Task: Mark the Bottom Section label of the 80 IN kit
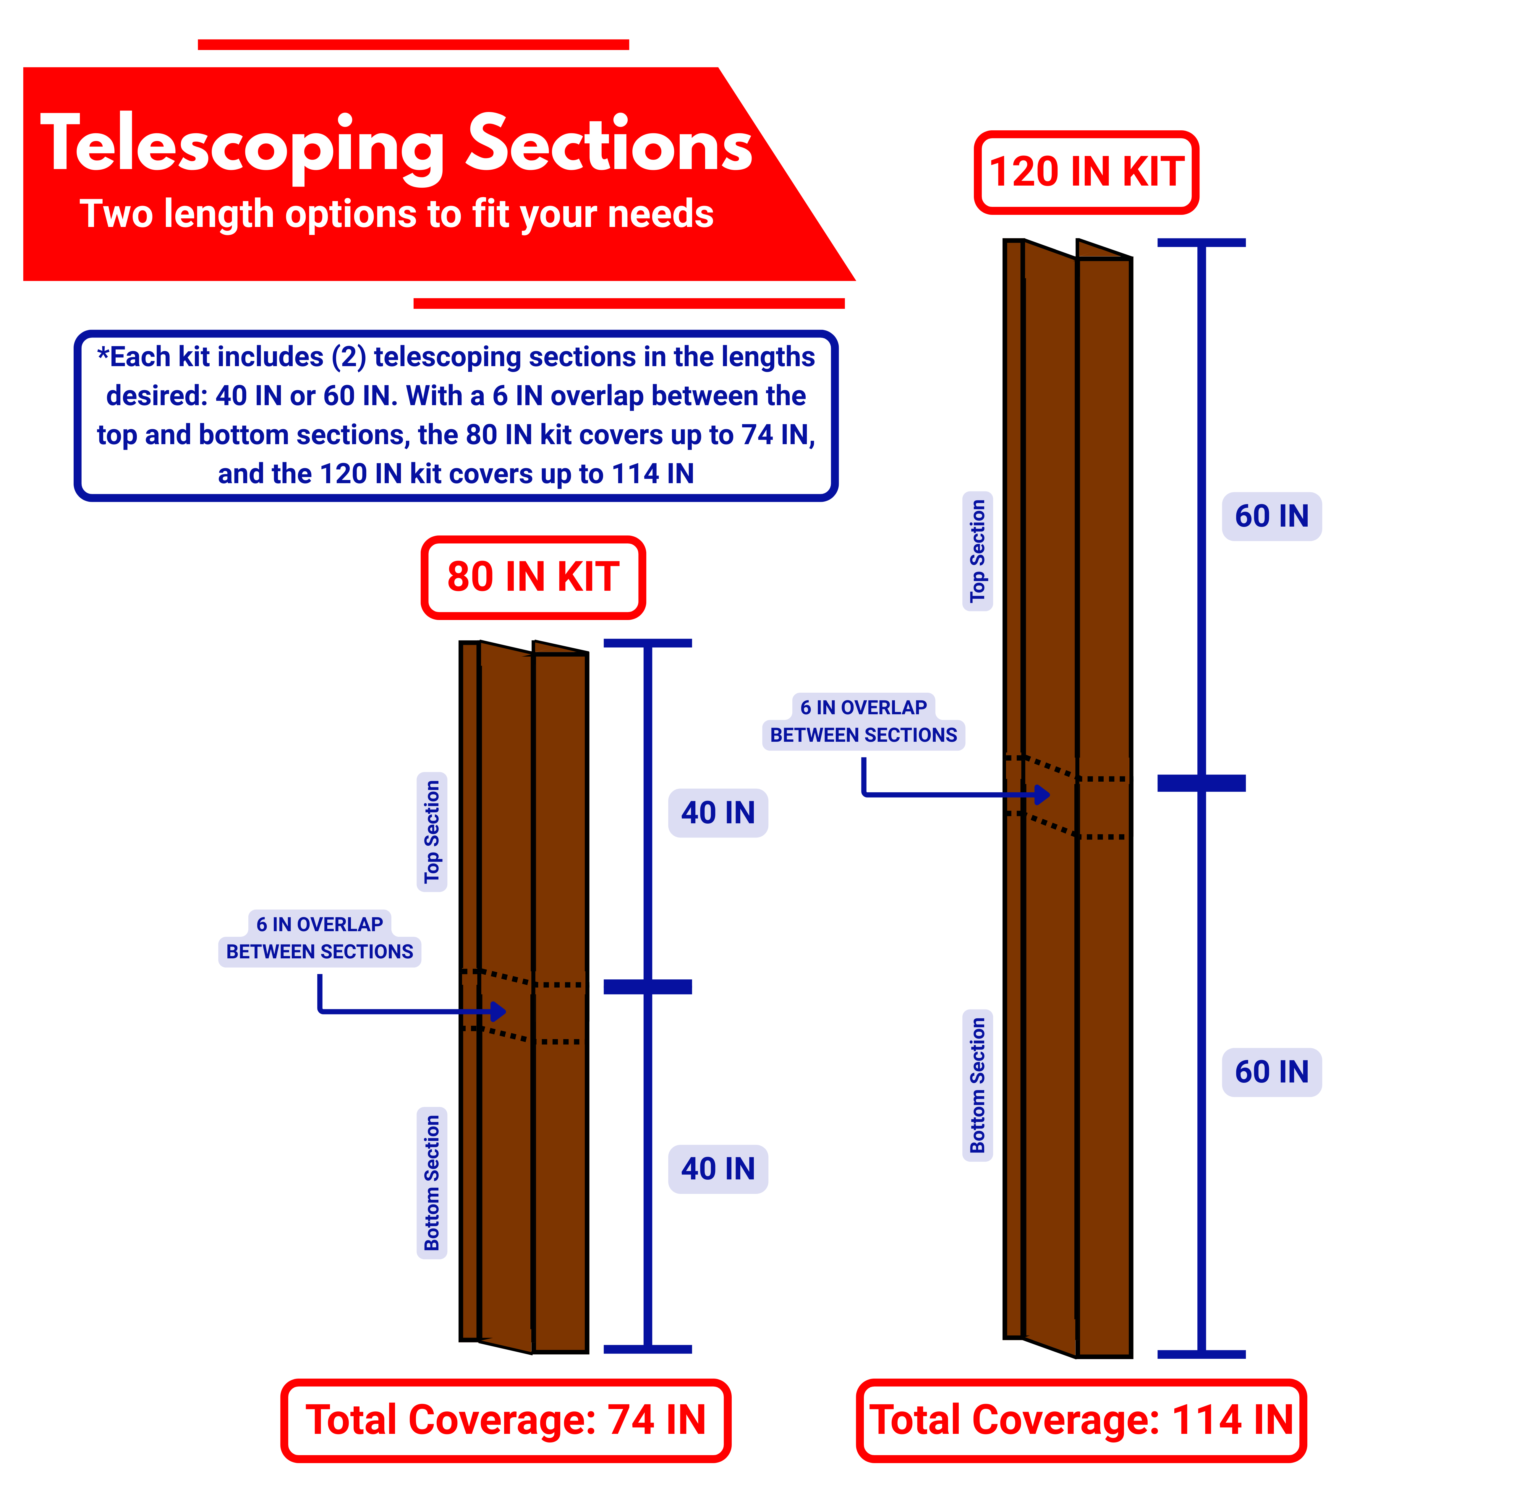(x=431, y=1182)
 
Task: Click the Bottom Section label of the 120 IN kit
(x=977, y=1085)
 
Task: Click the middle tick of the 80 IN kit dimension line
(x=647, y=987)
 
